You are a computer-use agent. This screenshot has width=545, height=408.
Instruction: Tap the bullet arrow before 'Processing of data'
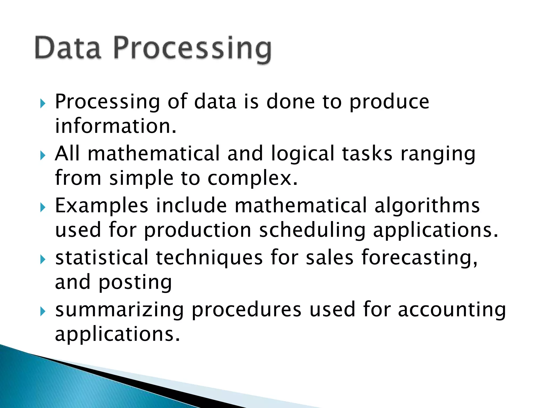coord(43,103)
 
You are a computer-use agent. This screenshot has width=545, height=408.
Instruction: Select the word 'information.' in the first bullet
coord(116,126)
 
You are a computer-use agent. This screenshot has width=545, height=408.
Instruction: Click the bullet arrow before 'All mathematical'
coord(43,155)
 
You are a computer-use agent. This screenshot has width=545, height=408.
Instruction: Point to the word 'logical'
coord(302,154)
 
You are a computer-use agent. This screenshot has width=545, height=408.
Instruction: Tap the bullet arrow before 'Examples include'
coord(43,207)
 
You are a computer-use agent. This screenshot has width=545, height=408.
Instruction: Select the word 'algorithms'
coord(427,206)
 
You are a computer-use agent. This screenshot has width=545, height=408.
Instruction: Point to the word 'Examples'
coord(101,206)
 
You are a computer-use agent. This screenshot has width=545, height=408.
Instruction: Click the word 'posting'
coord(135,283)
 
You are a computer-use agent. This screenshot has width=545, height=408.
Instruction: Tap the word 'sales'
coord(329,258)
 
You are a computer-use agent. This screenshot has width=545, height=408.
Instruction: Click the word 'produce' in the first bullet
coord(389,103)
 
